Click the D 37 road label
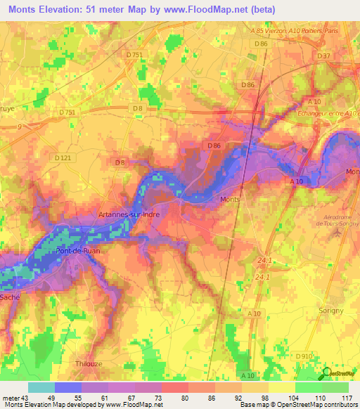click(x=324, y=56)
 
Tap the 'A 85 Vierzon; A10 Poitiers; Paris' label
click(x=304, y=31)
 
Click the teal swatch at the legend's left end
click(x=41, y=387)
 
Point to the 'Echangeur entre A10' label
click(x=330, y=113)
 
